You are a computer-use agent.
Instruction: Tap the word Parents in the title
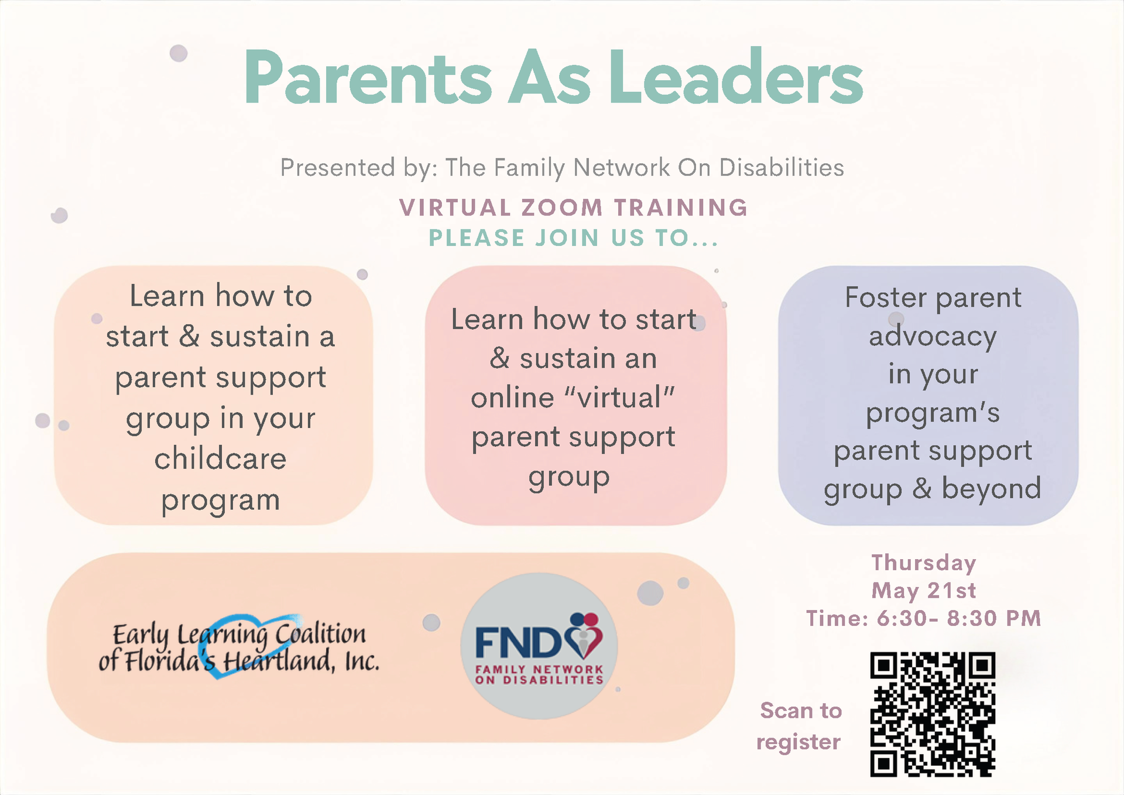coord(368,78)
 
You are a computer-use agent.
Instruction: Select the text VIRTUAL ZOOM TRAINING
coord(574,208)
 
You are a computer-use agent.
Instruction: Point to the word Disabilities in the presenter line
coord(782,167)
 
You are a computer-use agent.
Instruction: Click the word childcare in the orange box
coord(220,458)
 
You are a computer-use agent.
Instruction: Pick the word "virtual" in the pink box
coord(619,397)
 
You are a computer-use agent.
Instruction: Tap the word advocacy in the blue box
coord(933,337)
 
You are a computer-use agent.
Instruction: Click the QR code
coord(933,715)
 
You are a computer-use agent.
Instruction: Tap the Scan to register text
coord(800,726)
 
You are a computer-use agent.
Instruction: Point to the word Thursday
coord(924,563)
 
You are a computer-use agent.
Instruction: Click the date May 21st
coord(924,591)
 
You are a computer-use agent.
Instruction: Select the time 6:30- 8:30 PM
coord(959,618)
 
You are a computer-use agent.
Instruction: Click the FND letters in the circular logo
coord(519,643)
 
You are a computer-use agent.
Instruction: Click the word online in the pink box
coord(513,398)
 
